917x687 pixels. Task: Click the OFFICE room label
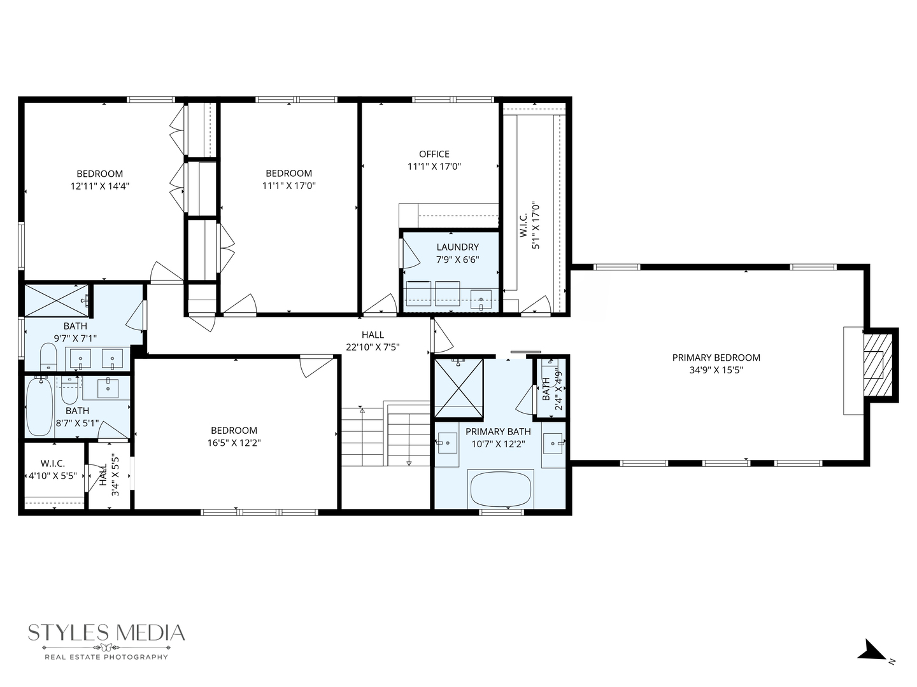tap(434, 154)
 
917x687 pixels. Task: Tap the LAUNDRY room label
tap(457, 247)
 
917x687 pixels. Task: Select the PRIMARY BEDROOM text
tap(716, 357)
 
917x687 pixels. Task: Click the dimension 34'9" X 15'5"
tap(716, 370)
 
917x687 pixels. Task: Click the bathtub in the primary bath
tap(500, 489)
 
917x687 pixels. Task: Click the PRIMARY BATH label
tap(498, 431)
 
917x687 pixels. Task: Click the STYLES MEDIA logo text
tap(106, 633)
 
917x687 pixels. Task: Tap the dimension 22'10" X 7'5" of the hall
tap(373, 347)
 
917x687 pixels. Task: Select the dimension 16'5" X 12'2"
tap(234, 443)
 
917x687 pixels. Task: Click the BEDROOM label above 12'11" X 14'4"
tap(100, 174)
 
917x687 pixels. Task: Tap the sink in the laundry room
tap(481, 299)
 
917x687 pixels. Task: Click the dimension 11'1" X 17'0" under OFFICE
tap(434, 167)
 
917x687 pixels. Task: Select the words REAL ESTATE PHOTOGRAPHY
tap(106, 656)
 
